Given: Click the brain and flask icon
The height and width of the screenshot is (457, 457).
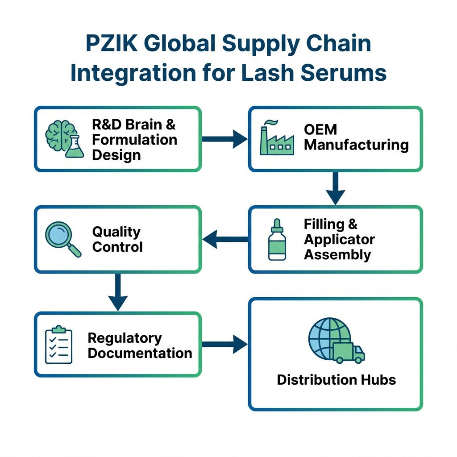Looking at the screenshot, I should click(65, 139).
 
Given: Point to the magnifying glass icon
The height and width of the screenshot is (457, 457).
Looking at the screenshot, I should click(63, 239).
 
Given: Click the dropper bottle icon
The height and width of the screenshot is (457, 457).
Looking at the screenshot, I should click(277, 239).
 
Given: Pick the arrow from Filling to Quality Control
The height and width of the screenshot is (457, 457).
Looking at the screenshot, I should click(224, 239).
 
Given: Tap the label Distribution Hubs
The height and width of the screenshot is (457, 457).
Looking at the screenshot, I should click(336, 380).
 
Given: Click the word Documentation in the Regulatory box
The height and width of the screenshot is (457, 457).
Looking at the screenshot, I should click(140, 353).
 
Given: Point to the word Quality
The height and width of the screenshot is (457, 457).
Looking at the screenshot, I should click(116, 232).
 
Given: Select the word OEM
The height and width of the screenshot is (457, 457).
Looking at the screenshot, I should click(320, 129).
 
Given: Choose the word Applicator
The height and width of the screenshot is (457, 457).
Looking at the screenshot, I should click(339, 239).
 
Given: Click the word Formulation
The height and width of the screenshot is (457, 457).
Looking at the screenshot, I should click(134, 140).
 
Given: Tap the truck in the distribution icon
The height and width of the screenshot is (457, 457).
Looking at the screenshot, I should click(349, 353).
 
